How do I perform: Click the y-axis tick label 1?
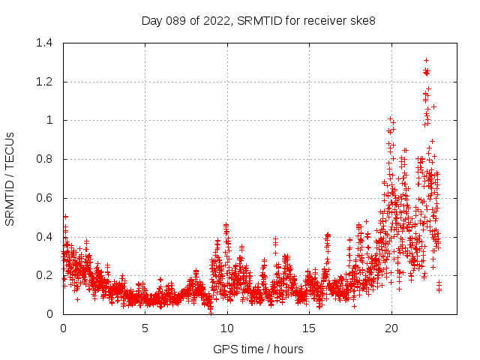click(51, 120)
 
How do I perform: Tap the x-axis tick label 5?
click(145, 328)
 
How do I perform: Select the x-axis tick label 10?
click(226, 328)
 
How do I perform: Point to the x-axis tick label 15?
click(309, 328)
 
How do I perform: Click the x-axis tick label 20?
click(391, 328)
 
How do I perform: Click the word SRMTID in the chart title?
click(256, 20)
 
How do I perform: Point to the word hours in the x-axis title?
click(287, 349)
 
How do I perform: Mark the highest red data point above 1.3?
click(426, 60)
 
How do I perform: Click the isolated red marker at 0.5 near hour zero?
click(65, 217)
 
